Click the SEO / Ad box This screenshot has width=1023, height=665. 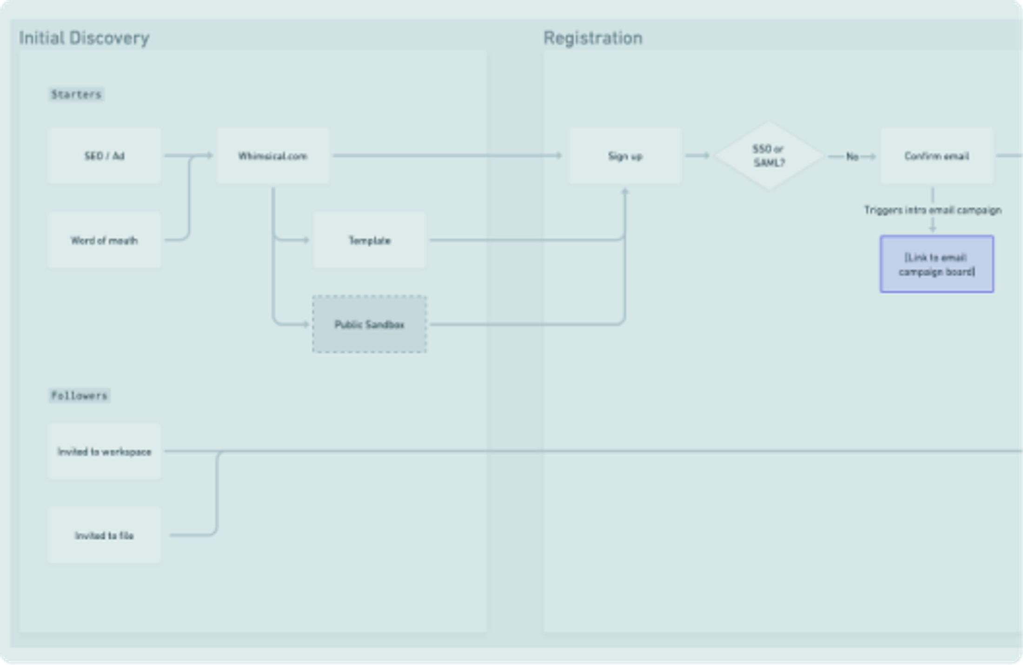[105, 156]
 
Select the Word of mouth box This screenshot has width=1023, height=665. [105, 240]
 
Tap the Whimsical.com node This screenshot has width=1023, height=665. [273, 156]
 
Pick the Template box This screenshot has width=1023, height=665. [370, 240]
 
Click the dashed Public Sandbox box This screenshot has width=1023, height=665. [370, 324]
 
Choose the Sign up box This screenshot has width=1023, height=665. [625, 156]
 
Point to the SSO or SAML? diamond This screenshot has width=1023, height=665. [769, 156]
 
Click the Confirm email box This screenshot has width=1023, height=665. [937, 156]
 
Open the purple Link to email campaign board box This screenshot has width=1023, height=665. [937, 264]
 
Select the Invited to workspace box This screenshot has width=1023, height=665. [105, 451]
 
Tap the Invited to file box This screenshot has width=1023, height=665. [105, 536]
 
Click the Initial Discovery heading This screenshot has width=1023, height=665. [84, 38]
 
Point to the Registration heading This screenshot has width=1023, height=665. [593, 38]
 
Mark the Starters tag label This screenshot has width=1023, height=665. [76, 94]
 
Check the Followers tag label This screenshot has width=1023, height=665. [79, 396]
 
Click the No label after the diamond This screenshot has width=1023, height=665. [852, 157]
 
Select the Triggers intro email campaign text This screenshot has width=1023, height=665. [932, 210]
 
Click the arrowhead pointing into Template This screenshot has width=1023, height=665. [306, 240]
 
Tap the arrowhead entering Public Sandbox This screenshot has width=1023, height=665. [306, 324]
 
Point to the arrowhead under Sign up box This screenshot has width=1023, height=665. [625, 191]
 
